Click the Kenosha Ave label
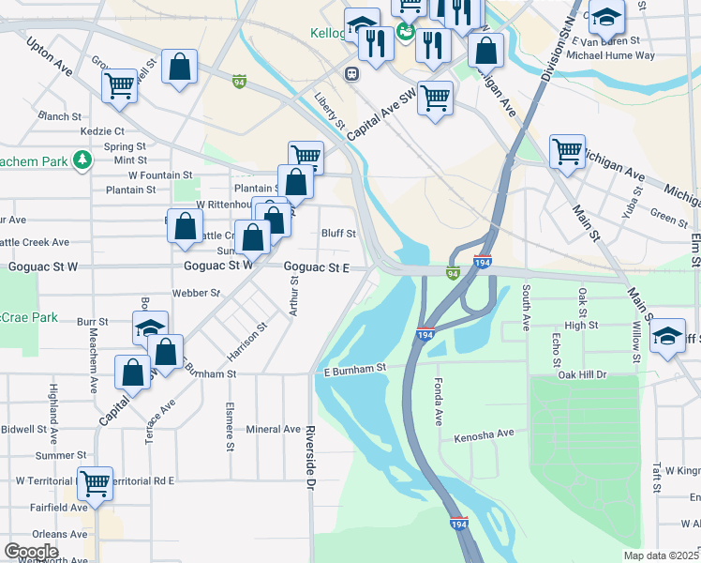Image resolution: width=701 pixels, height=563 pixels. (485, 434)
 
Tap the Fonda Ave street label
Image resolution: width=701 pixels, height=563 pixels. (438, 402)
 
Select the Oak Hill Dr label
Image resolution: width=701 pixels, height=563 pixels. (582, 374)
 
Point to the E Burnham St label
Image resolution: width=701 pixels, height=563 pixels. (355, 370)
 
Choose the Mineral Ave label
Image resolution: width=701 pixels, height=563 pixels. (273, 429)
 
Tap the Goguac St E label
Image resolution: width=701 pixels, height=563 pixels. (317, 268)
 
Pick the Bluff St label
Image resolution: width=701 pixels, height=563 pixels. (338, 233)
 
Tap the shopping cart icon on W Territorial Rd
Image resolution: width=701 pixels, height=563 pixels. (95, 482)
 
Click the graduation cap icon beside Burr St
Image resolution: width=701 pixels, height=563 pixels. (150, 327)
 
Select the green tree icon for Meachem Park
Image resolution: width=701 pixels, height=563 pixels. (82, 160)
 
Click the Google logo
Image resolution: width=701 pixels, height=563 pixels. (32, 552)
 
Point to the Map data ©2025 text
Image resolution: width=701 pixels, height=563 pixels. (661, 555)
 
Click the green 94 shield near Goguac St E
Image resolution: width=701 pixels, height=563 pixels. (453, 274)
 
